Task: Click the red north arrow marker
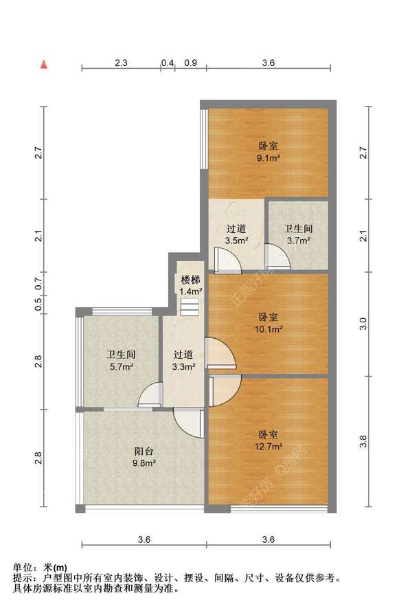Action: coord(44,65)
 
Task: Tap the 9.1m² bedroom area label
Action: coord(268,152)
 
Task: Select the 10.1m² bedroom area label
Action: coord(268,323)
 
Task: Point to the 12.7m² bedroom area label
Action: coord(268,441)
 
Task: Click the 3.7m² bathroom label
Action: coord(299,234)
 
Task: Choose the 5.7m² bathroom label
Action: coord(121,361)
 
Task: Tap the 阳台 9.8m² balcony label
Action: coord(144,457)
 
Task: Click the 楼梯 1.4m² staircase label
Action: coord(191,285)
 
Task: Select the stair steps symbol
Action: coord(190,307)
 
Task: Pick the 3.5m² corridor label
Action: coord(236,234)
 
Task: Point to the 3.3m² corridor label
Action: coord(183,361)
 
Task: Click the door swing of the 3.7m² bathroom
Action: coord(278,257)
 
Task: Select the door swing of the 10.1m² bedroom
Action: coord(220,353)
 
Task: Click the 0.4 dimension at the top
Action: coord(168,63)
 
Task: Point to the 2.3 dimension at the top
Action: coord(121,63)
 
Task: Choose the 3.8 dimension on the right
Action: coord(363,441)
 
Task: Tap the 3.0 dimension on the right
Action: coord(363,324)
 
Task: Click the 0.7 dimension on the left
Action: coord(38,283)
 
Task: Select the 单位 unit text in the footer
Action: coord(22,567)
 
